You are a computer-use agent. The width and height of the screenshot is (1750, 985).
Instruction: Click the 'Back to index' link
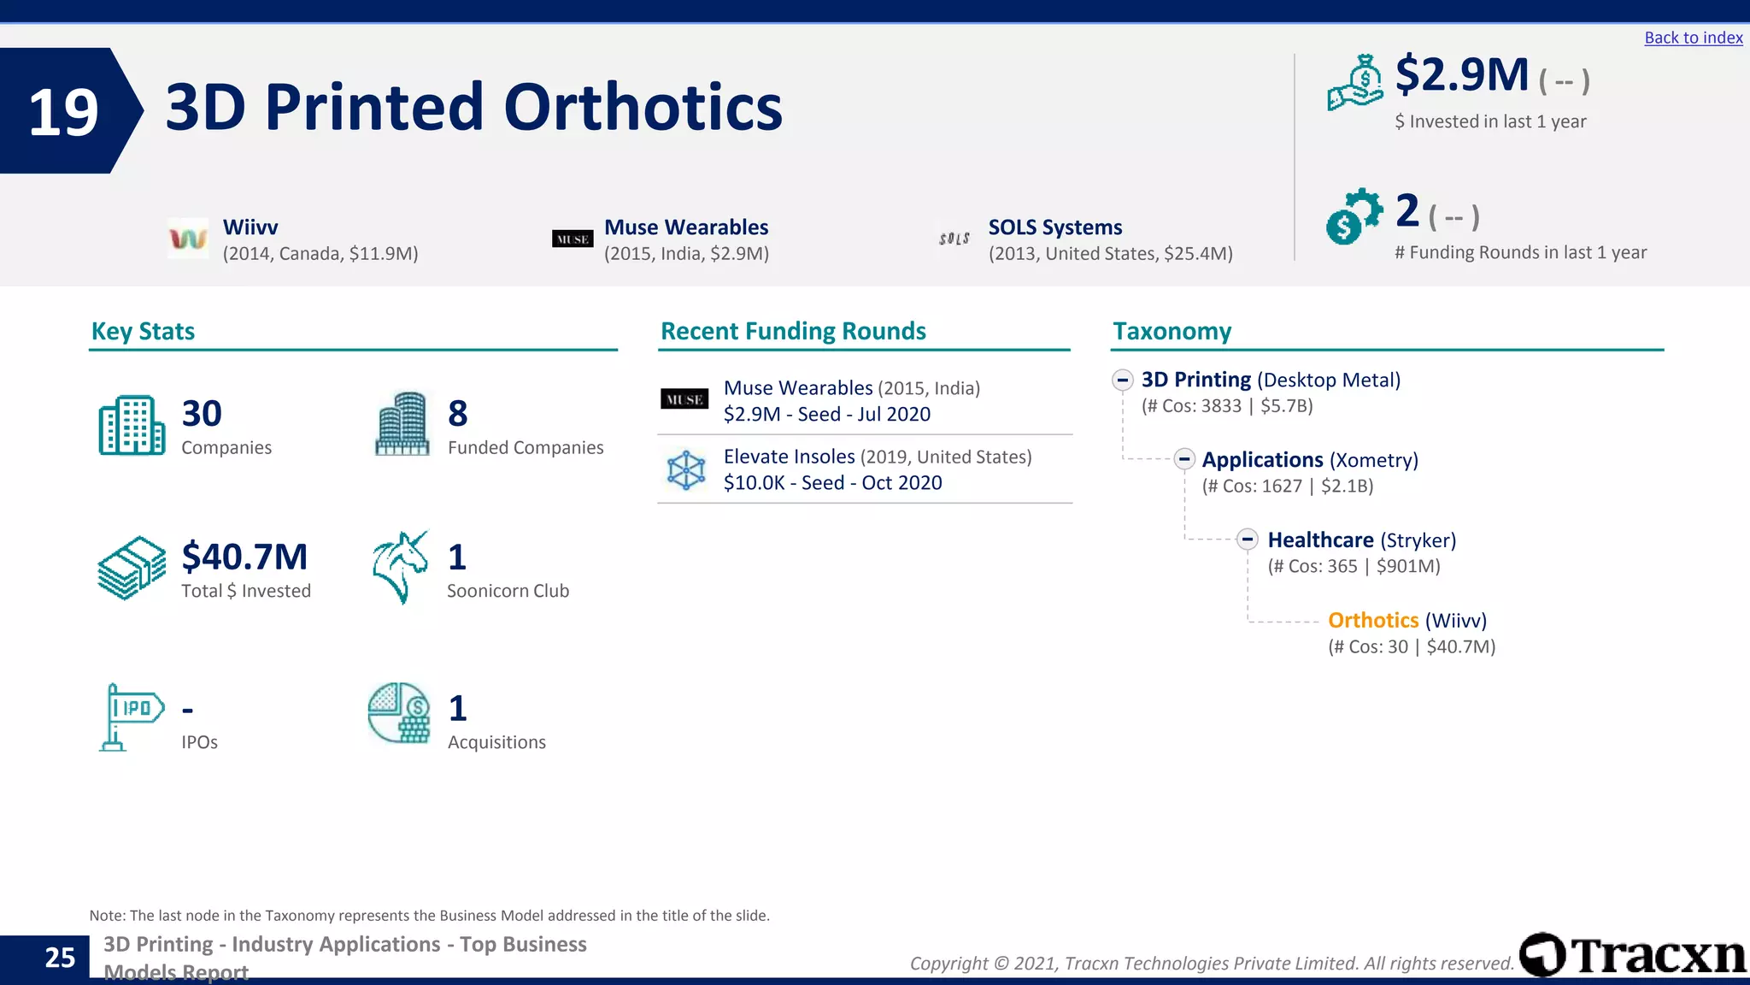pyautogui.click(x=1693, y=38)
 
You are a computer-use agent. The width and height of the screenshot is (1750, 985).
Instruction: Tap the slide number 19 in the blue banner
pyautogui.click(x=62, y=112)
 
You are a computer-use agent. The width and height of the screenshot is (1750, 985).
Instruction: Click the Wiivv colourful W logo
pyautogui.click(x=188, y=239)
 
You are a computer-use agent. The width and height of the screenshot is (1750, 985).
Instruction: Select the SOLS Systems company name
pyautogui.click(x=1054, y=227)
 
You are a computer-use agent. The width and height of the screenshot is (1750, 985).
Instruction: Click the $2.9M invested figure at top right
pyautogui.click(x=1461, y=75)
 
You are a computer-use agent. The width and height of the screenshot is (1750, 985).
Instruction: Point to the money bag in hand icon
pyautogui.click(x=1355, y=83)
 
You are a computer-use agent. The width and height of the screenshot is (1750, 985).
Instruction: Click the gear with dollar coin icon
pyautogui.click(x=1354, y=216)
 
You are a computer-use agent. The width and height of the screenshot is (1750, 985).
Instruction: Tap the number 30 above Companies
pyautogui.click(x=202, y=414)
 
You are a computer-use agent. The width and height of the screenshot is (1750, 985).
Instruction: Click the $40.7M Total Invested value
pyautogui.click(x=244, y=557)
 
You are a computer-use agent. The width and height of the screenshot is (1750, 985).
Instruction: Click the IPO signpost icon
pyautogui.click(x=130, y=717)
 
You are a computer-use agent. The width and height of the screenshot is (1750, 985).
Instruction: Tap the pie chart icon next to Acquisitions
pyautogui.click(x=399, y=712)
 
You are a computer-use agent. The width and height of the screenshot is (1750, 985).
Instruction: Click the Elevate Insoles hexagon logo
pyautogui.click(x=685, y=470)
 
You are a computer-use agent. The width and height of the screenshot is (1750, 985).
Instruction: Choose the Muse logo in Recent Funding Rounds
pyautogui.click(x=684, y=399)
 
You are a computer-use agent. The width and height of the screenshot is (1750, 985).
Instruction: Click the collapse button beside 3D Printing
pyautogui.click(x=1123, y=380)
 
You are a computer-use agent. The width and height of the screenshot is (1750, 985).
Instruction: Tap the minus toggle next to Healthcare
pyautogui.click(x=1248, y=540)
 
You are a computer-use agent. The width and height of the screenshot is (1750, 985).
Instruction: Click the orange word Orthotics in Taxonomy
pyautogui.click(x=1372, y=621)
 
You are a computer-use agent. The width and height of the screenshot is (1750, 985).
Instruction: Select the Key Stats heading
pyautogui.click(x=143, y=332)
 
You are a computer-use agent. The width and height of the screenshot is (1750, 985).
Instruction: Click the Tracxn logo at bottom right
pyautogui.click(x=1632, y=954)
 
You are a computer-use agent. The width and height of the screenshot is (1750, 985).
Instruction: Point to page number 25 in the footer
pyautogui.click(x=60, y=958)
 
